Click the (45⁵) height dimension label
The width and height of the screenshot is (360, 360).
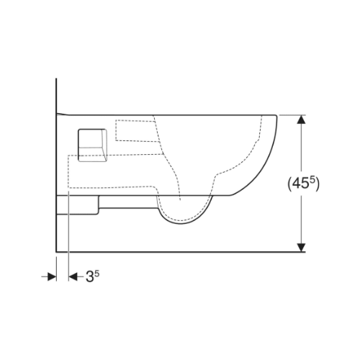pyautogui.click(x=303, y=184)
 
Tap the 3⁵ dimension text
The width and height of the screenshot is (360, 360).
pyautogui.click(x=92, y=276)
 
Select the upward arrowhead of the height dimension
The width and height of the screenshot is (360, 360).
pyautogui.click(x=301, y=120)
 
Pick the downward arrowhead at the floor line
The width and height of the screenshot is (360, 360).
pyautogui.click(x=301, y=248)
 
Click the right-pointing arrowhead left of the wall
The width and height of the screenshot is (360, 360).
pyautogui.click(x=52, y=276)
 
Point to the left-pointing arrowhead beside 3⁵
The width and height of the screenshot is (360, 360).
pyautogui.click(x=73, y=276)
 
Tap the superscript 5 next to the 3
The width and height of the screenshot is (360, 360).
pyautogui.click(x=96, y=274)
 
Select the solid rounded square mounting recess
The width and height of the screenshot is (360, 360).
pyautogui.click(x=92, y=145)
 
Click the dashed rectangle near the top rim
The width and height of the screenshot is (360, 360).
pyautogui.click(x=138, y=130)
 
